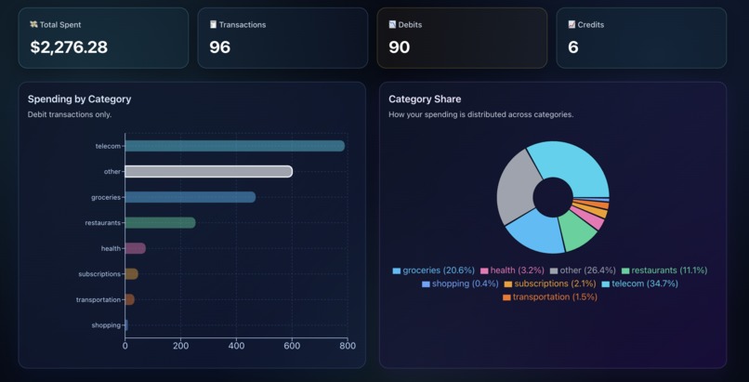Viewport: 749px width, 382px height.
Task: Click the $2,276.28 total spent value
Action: coord(69,47)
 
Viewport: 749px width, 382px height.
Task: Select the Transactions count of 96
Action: coord(219,47)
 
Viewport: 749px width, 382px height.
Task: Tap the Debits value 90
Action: coord(399,47)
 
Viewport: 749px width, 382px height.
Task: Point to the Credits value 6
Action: coord(572,47)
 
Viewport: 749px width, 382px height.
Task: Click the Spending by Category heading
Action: coord(79,99)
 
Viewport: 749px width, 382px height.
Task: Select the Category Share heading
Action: coord(425,99)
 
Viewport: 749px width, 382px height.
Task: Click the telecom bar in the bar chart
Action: coord(234,146)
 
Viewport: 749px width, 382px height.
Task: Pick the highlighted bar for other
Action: coord(208,171)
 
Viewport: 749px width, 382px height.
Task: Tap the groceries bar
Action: coord(190,197)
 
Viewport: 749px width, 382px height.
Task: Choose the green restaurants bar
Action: coord(160,222)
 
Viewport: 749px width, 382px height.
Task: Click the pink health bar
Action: coord(135,248)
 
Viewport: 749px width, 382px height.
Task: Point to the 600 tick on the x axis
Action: coord(292,346)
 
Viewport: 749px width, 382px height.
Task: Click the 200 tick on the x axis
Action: coord(180,346)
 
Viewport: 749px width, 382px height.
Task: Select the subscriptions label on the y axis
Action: coord(99,274)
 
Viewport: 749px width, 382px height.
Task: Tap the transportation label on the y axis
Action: coord(99,299)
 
